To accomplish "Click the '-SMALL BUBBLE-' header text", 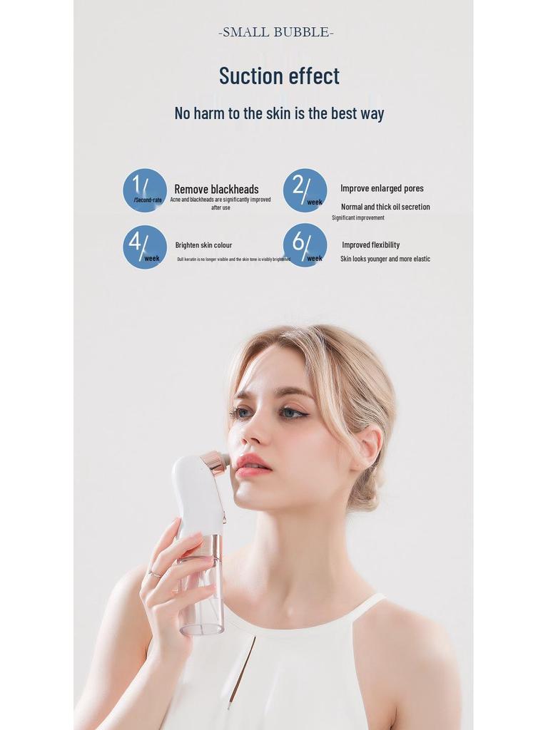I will (275, 32).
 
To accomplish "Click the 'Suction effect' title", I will (279, 76).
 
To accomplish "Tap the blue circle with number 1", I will (145, 190).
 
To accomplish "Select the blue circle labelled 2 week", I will (305, 190).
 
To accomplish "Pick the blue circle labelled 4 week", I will (145, 247).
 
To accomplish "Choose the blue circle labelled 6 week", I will (305, 245).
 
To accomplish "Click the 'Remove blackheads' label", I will (216, 189).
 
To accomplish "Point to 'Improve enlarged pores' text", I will (382, 188).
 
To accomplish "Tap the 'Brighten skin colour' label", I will (203, 245).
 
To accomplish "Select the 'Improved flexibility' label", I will (370, 245).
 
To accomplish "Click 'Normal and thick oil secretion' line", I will (385, 207).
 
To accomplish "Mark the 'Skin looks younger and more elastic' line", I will (385, 259).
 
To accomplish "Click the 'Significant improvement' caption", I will (358, 217).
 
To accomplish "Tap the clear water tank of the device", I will (201, 599).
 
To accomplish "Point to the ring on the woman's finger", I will (153, 573).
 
